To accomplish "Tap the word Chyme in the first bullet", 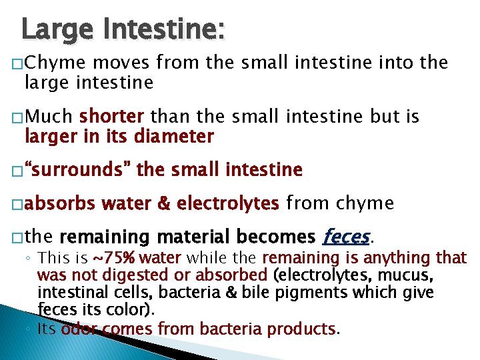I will [56, 63].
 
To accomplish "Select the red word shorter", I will [112, 117].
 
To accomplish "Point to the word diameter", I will [174, 137].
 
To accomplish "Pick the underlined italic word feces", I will [345, 237].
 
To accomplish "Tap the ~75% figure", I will [114, 257].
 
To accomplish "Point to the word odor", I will [79, 329].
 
